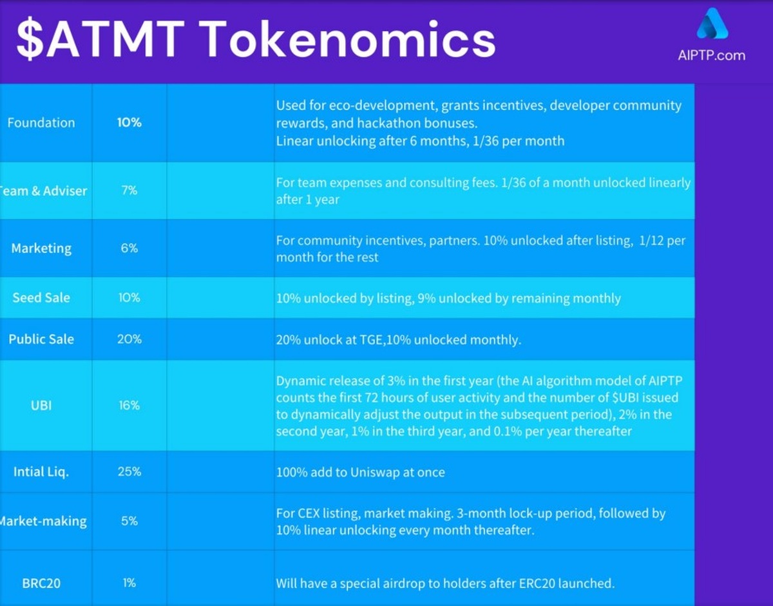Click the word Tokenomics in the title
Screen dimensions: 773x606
click(x=349, y=39)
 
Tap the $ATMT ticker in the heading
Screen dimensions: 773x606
click(x=100, y=39)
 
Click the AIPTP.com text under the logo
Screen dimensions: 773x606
click(x=711, y=55)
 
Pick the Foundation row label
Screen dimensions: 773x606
click(x=41, y=123)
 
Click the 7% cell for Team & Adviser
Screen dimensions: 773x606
click(x=129, y=190)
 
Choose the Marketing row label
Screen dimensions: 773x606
click(x=41, y=248)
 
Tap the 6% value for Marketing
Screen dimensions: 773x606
click(x=129, y=248)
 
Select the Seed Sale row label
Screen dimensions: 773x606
click(x=41, y=298)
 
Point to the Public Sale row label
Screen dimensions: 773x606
click(x=41, y=339)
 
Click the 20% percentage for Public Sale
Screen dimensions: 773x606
click(x=129, y=339)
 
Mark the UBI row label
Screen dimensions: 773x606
click(x=41, y=406)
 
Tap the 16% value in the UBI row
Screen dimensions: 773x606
click(x=129, y=405)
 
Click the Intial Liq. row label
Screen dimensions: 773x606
click(x=41, y=472)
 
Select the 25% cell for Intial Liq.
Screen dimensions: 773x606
click(x=129, y=471)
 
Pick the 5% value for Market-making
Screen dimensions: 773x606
click(x=129, y=521)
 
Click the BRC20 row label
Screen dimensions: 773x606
click(x=41, y=583)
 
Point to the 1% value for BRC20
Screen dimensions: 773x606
click(x=129, y=583)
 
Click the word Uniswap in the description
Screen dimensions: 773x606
click(x=375, y=473)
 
